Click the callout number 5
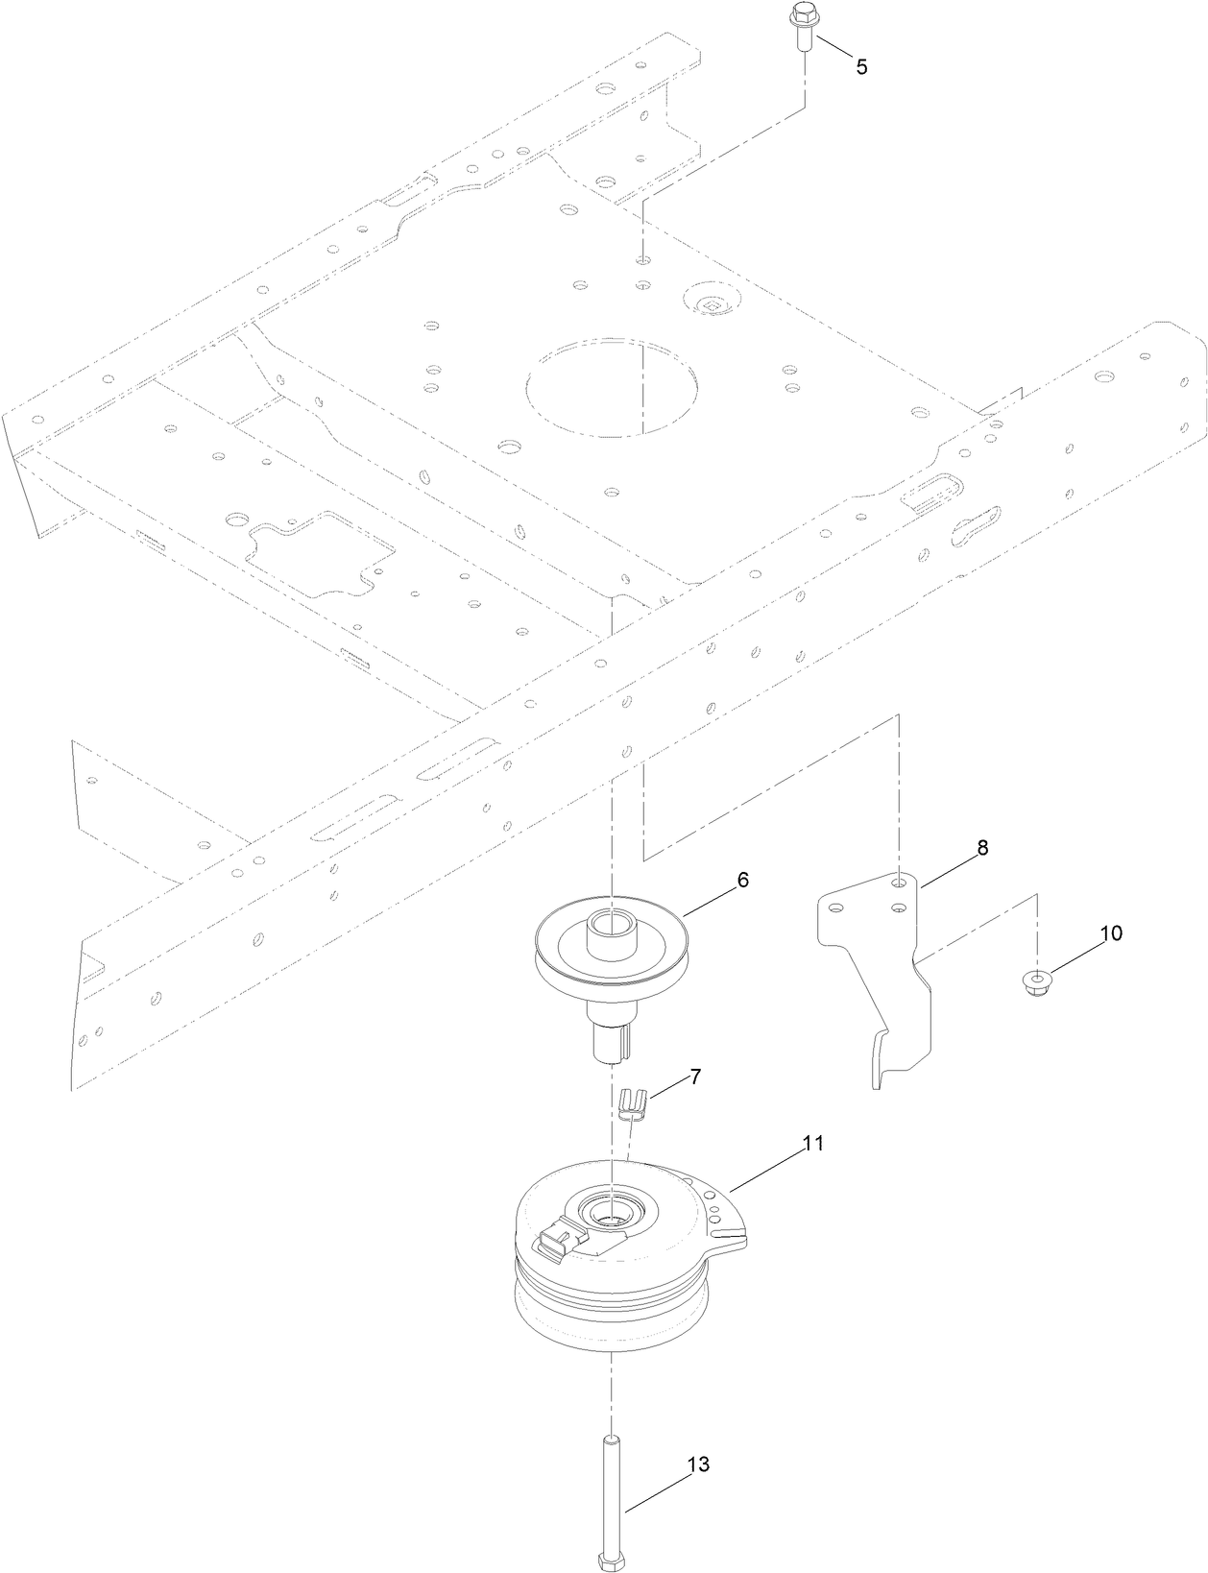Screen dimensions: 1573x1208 tap(861, 66)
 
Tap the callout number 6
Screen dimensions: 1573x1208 tap(743, 881)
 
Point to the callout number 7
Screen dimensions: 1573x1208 tap(695, 1077)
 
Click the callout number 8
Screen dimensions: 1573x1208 tap(981, 848)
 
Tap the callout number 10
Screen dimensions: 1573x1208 tap(1110, 933)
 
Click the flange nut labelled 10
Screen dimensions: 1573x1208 tap(1039, 982)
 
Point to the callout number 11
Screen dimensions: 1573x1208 tap(813, 1144)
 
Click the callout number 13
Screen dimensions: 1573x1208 tap(698, 1464)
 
